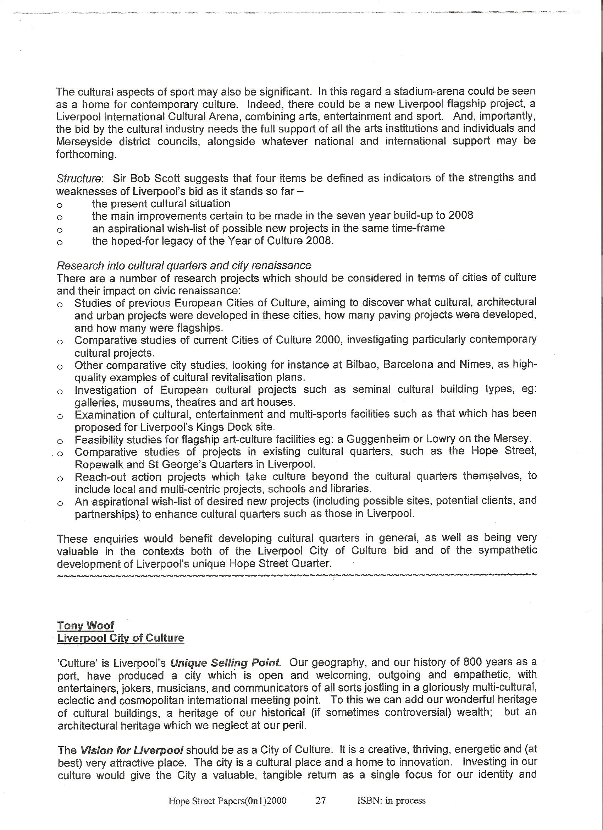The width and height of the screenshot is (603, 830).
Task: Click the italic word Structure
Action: pyautogui.click(x=79, y=179)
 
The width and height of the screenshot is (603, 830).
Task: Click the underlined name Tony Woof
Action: pyautogui.click(x=85, y=626)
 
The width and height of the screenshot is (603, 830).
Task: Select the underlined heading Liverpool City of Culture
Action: pyautogui.click(x=121, y=638)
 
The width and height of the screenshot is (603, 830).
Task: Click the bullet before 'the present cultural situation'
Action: pyautogui.click(x=60, y=204)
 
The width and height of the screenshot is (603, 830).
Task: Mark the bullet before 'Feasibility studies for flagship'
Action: pyautogui.click(x=60, y=441)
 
